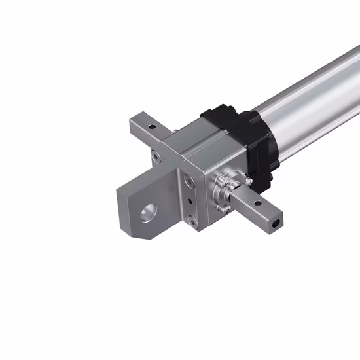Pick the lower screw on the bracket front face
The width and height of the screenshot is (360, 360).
[x=190, y=221]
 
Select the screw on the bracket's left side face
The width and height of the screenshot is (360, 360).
[x=154, y=156]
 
